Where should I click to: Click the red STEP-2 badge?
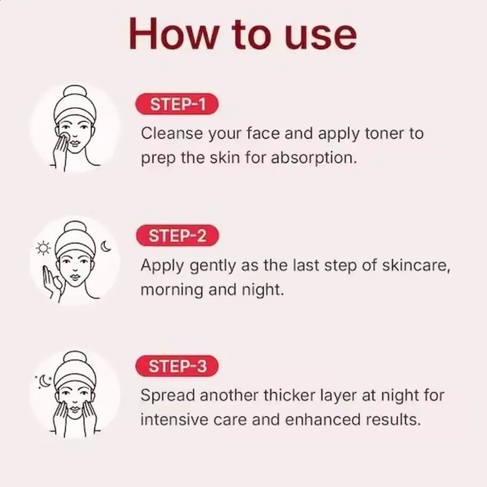click(177, 236)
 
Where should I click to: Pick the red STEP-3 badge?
click(177, 366)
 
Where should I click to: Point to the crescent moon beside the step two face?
click(106, 247)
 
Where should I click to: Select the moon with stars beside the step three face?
click(44, 381)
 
